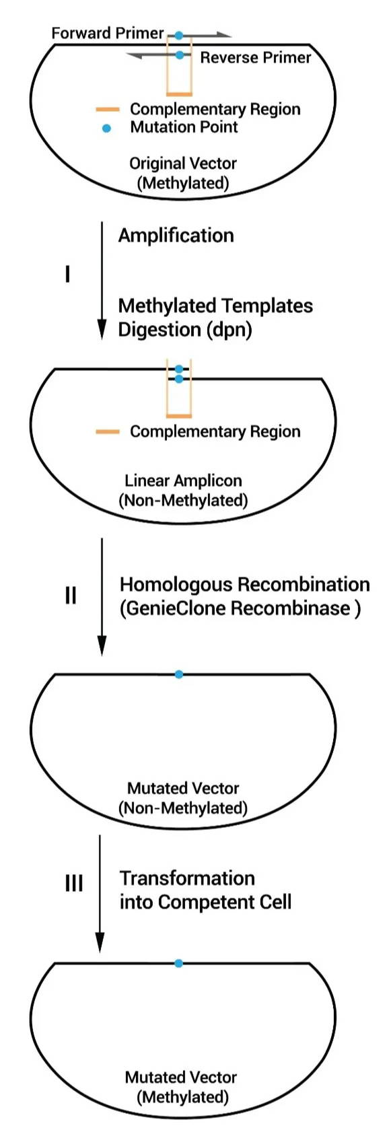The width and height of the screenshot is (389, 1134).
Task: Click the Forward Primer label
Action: [108, 34]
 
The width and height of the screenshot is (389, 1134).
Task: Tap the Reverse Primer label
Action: [255, 57]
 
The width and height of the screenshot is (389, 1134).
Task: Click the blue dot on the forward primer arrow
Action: [178, 36]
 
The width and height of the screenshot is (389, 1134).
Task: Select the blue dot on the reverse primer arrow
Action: [179, 55]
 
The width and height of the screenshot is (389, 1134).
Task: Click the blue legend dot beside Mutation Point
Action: [106, 129]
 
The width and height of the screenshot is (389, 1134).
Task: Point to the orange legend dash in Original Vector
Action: [108, 109]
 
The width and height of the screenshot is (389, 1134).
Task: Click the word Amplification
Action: [176, 236]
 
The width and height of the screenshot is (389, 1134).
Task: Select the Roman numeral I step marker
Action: [67, 275]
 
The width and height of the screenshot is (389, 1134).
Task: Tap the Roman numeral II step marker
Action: [71, 596]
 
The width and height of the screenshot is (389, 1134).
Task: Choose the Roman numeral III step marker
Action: [74, 884]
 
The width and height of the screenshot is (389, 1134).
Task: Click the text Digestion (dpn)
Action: [185, 330]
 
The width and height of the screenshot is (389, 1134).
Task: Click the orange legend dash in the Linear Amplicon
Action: [108, 432]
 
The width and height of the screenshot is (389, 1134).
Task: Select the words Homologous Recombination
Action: [245, 584]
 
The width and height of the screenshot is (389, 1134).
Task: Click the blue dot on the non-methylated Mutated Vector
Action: [178, 674]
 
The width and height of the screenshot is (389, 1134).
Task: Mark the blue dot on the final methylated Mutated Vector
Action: [178, 963]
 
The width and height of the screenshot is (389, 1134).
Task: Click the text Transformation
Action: [187, 878]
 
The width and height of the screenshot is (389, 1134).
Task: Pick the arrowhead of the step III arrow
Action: [100, 943]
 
